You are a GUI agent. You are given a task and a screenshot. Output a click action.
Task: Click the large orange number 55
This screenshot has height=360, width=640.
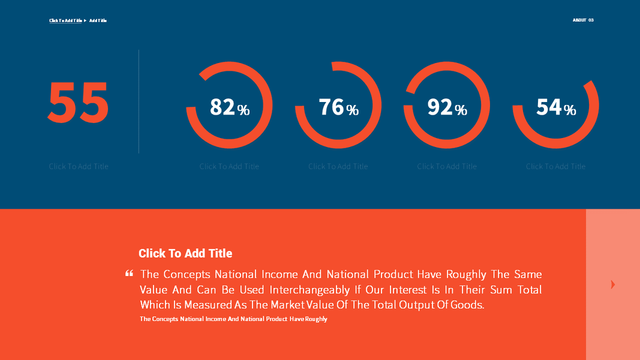[x=78, y=102]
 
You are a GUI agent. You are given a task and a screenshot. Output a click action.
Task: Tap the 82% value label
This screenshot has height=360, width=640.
[x=229, y=107]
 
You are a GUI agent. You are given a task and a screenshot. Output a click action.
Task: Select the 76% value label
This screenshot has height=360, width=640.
[x=338, y=107]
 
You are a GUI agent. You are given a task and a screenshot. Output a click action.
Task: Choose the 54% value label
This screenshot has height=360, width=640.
[x=555, y=107]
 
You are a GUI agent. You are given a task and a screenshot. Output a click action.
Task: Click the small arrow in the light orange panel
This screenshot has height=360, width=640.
[x=612, y=284]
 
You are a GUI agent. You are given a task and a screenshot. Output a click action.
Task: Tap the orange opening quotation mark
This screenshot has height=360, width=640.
[x=129, y=274]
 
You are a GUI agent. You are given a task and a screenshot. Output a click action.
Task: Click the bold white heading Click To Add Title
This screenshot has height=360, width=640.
[x=185, y=253]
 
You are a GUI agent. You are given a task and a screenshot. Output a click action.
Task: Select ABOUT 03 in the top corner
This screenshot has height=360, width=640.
[x=583, y=20]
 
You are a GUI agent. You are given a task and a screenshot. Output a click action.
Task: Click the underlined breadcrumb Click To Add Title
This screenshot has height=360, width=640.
[x=65, y=20]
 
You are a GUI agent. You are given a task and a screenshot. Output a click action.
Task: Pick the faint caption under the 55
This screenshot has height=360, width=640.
[x=79, y=166]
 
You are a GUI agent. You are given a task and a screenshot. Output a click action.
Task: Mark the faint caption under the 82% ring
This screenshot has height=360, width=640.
[x=229, y=166]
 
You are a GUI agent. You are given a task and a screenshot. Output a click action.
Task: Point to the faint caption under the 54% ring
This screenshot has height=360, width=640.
[x=555, y=166]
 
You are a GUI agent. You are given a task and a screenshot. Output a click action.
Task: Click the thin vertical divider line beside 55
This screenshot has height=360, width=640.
[x=139, y=102]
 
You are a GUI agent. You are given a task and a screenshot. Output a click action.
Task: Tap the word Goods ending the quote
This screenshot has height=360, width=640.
[x=468, y=305]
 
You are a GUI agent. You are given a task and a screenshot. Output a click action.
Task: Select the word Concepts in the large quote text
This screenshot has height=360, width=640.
[x=187, y=274]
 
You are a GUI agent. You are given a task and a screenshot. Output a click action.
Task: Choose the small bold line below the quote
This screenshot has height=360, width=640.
[x=233, y=319]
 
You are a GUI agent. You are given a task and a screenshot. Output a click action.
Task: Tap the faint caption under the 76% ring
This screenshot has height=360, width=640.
[x=338, y=166]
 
